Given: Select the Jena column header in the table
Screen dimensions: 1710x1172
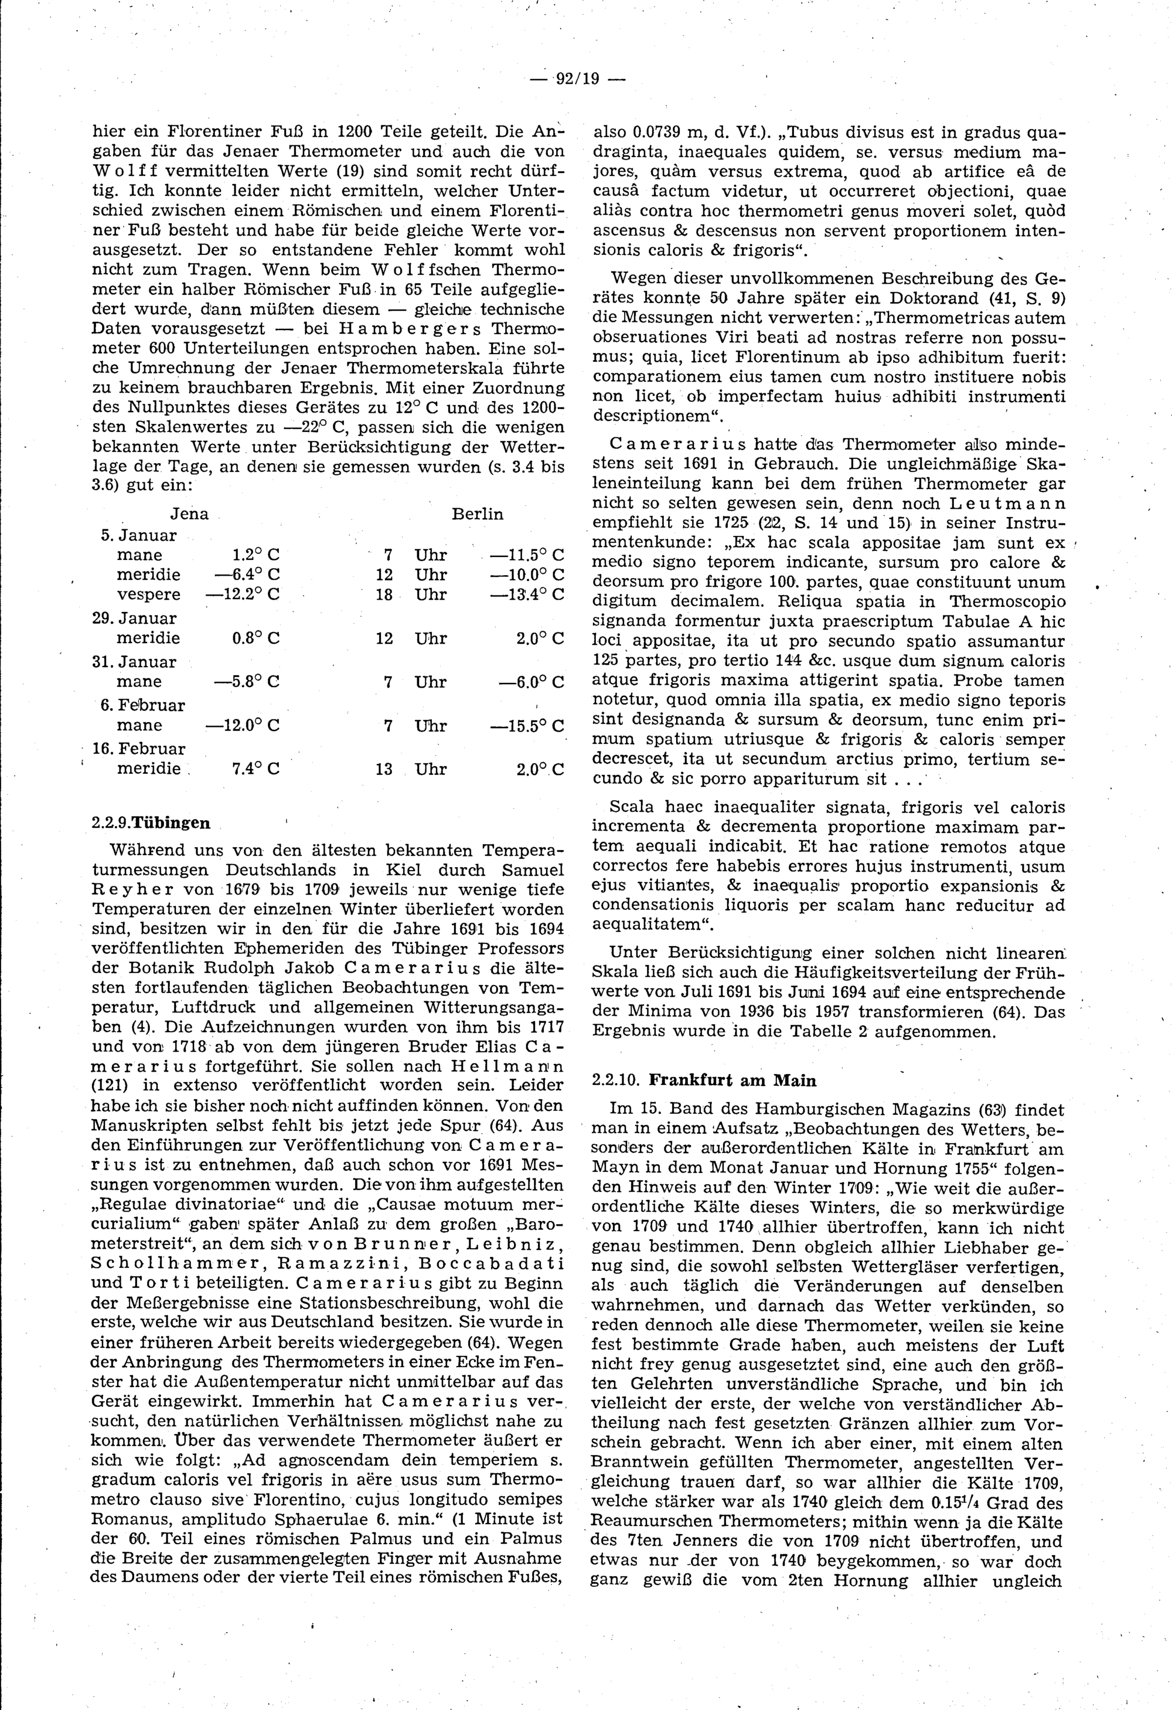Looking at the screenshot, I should click(x=189, y=514).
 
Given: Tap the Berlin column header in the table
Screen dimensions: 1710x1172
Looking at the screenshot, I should click(x=478, y=514).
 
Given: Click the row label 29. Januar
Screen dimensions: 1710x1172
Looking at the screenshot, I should click(x=135, y=618).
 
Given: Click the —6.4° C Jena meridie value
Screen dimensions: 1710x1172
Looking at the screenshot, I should click(x=247, y=574).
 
